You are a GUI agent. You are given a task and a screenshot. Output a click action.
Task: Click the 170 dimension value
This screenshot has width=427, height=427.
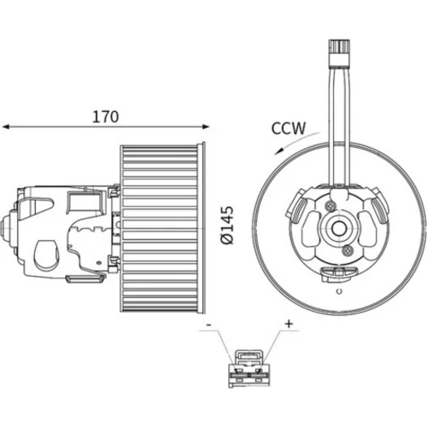pos(105,117)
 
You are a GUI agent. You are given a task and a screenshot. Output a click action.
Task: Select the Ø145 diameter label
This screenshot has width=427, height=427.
pos(227,225)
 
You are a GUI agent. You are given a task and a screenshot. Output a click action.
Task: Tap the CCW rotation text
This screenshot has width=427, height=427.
pos(289,128)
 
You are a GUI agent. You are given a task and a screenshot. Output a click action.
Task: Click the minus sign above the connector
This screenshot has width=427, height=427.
pos(208,325)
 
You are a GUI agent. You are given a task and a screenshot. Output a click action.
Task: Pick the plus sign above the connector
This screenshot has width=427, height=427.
pos(289,324)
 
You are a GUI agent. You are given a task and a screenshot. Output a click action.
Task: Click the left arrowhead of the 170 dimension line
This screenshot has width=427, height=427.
pos(6,126)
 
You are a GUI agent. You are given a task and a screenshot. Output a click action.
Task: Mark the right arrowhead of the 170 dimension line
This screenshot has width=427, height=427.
pos(206,126)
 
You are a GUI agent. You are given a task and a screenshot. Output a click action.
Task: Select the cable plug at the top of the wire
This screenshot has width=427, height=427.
pos(339,54)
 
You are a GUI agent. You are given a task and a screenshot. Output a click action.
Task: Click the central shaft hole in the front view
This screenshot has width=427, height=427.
pos(339,229)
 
